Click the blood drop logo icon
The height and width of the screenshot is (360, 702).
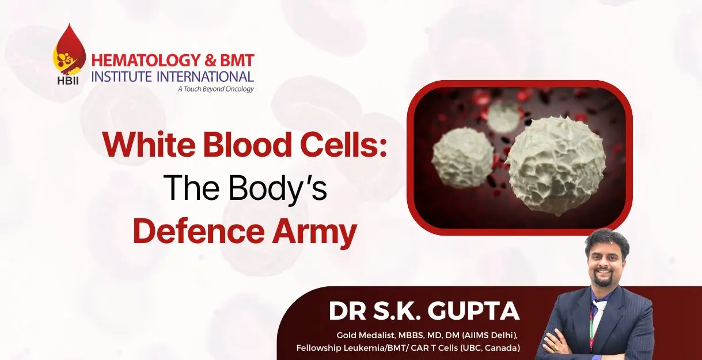click(69, 50)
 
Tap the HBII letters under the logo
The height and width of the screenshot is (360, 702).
click(68, 81)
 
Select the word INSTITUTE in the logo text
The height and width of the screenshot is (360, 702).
click(122, 77)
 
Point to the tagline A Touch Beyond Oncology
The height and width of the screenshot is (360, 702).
click(216, 89)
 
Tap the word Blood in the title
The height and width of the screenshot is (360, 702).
click(247, 145)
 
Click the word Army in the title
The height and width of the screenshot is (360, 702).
click(314, 234)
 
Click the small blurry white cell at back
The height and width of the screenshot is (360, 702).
click(504, 116)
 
